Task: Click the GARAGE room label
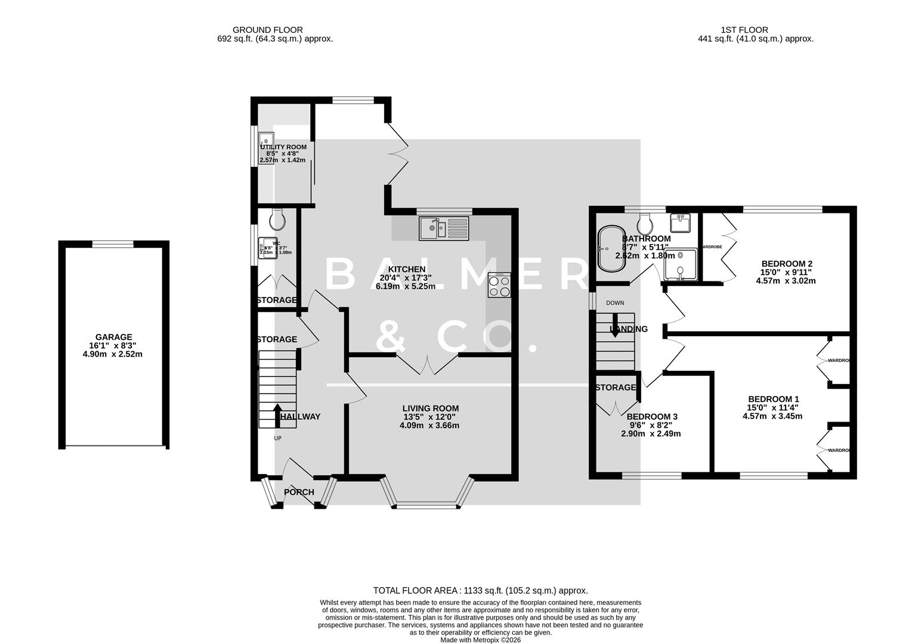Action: coord(113,337)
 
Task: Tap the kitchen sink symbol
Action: coord(444,228)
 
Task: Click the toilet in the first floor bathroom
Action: coord(645,225)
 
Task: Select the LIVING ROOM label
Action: coord(430,408)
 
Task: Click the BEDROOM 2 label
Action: coord(787,264)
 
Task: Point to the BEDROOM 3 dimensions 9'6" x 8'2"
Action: coord(651,425)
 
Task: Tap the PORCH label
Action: coord(299,492)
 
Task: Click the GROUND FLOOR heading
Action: coord(267,30)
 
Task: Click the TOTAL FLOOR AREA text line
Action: coord(480,590)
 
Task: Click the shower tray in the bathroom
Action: coord(681,264)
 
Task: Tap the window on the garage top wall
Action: coord(113,243)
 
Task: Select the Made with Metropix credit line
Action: coord(480,640)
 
